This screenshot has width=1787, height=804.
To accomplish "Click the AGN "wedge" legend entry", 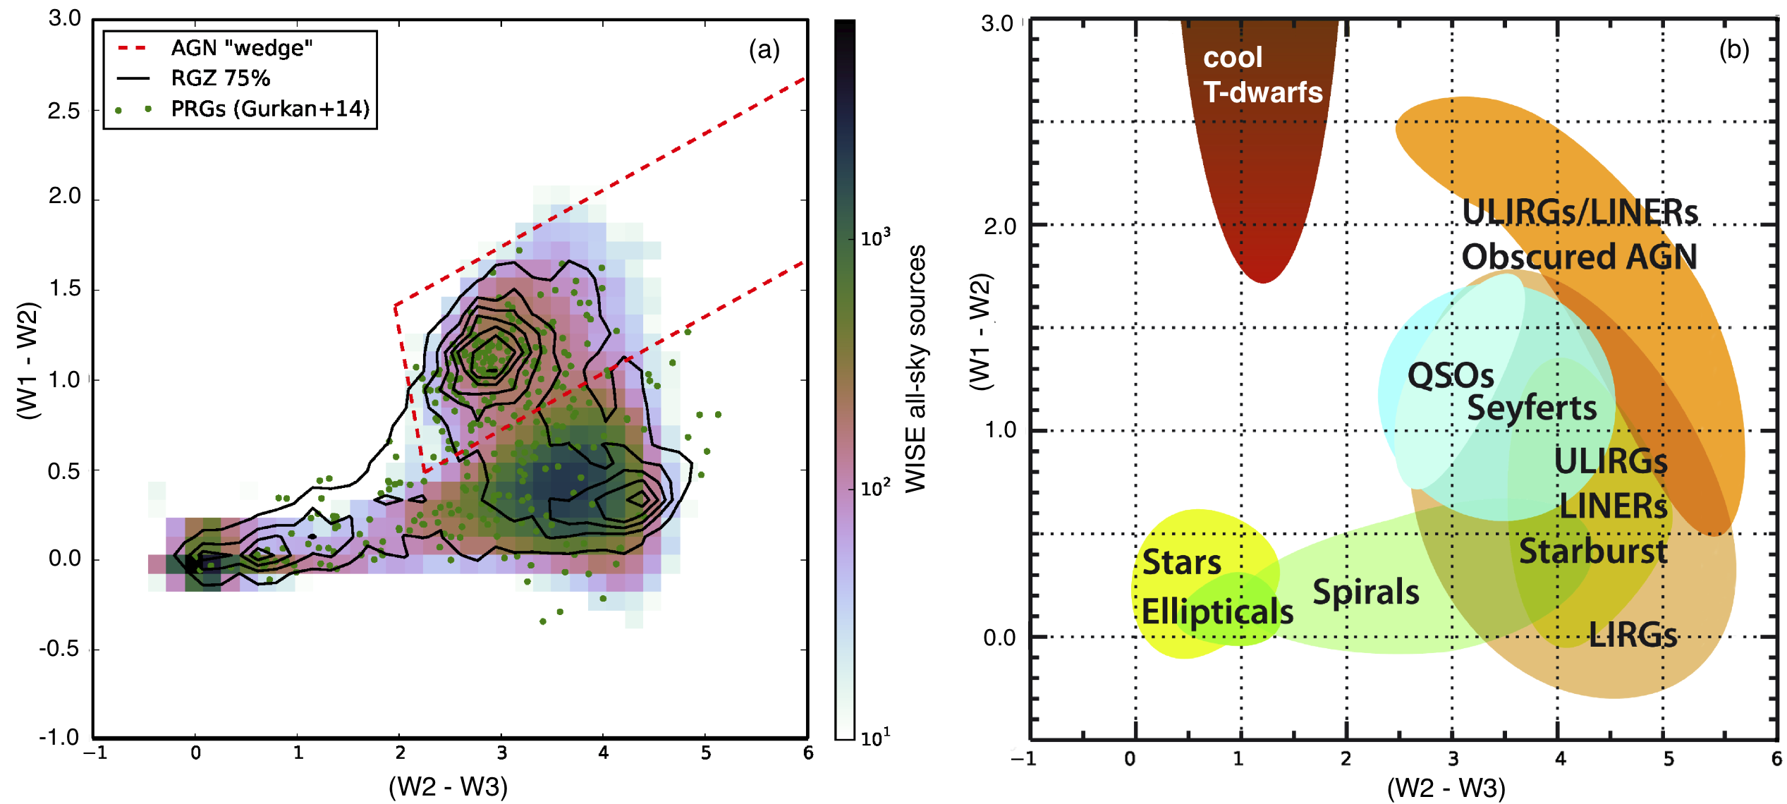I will pyautogui.click(x=241, y=48).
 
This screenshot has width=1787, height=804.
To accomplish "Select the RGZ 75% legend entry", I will pyautogui.click(x=220, y=78).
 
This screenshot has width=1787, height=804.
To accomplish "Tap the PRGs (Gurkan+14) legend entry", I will pyautogui.click(x=270, y=109).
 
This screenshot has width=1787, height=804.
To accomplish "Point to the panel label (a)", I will pyautogui.click(x=764, y=49).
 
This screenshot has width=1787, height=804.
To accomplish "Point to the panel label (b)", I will pyautogui.click(x=1733, y=49).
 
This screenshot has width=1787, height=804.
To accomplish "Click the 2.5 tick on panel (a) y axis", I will pyautogui.click(x=64, y=111).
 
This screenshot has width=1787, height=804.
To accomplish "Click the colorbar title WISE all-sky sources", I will pyautogui.click(x=915, y=368).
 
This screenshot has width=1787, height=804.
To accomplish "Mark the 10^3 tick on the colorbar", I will pyautogui.click(x=875, y=238).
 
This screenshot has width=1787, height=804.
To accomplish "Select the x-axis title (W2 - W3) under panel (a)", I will pyautogui.click(x=448, y=786).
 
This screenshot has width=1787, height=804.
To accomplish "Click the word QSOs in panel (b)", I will pyautogui.click(x=1450, y=375).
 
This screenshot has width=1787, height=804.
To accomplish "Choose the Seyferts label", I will pyautogui.click(x=1532, y=408).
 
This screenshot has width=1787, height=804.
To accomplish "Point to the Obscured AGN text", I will pyautogui.click(x=1579, y=256).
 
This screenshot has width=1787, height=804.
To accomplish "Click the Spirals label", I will pyautogui.click(x=1365, y=592).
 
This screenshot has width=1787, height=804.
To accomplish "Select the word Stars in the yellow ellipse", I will pyautogui.click(x=1181, y=562).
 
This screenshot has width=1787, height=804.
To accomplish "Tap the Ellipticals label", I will pyautogui.click(x=1217, y=611).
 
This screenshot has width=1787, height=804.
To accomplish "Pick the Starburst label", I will pyautogui.click(x=1592, y=551).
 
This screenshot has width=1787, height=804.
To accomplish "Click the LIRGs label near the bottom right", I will pyautogui.click(x=1633, y=635).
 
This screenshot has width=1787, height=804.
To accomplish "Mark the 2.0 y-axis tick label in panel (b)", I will pyautogui.click(x=1000, y=226).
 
